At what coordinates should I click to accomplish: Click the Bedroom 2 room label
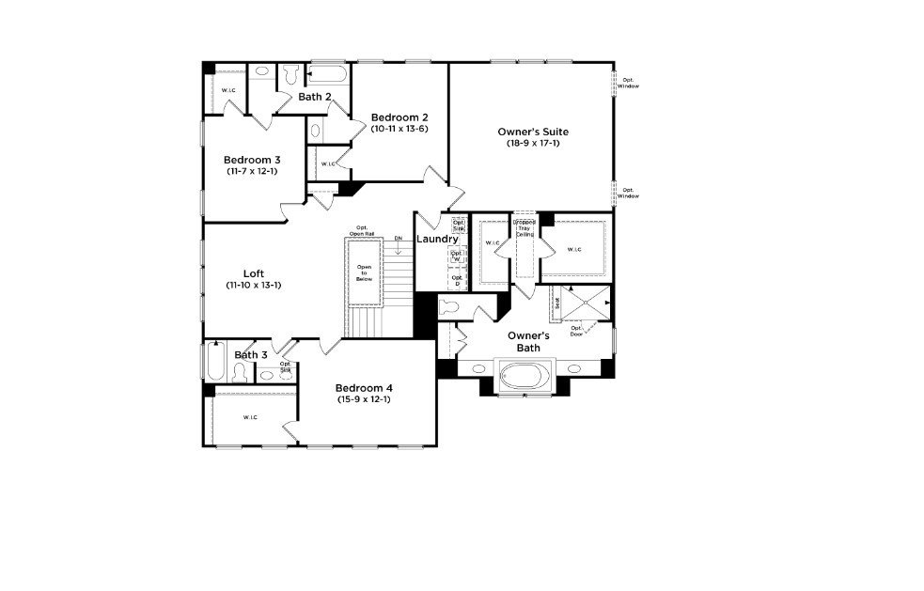[399, 117]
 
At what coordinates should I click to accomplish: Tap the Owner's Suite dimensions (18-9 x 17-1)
[533, 143]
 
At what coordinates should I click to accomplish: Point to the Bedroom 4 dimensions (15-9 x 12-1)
[364, 399]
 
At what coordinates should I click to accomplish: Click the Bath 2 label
[315, 97]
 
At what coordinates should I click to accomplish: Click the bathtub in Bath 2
[328, 74]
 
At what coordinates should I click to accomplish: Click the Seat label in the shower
[556, 303]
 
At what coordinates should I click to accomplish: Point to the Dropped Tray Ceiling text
[524, 228]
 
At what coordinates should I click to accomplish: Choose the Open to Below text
[364, 273]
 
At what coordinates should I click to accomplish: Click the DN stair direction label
[398, 239]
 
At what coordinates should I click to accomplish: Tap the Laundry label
[437, 240]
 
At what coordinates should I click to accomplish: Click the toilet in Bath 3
[239, 373]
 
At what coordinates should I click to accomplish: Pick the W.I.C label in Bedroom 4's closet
[250, 417]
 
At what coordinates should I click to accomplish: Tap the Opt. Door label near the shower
[576, 331]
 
